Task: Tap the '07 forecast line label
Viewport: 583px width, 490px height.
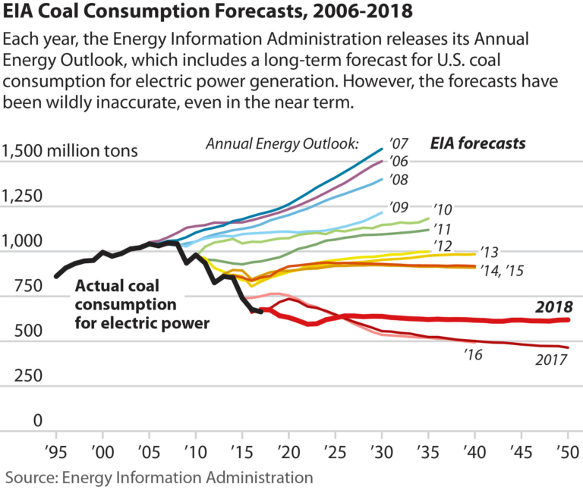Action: click(x=399, y=143)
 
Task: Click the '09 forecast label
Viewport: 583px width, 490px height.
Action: click(x=399, y=206)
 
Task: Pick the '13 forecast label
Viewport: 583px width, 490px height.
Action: click(x=489, y=252)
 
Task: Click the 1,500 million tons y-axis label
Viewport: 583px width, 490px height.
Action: click(x=70, y=150)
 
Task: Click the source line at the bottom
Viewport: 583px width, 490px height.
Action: click(x=159, y=477)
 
